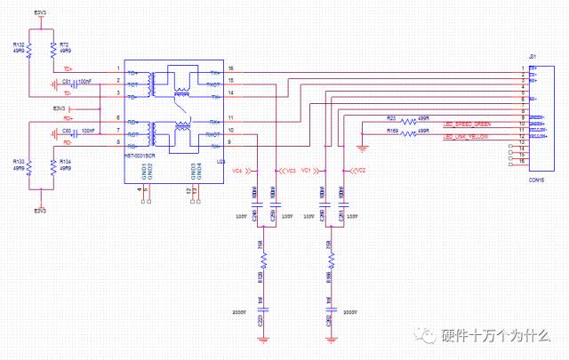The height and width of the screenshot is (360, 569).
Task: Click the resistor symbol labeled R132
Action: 29,52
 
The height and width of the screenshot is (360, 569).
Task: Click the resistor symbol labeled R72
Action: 53,52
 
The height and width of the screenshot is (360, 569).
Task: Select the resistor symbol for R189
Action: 408,133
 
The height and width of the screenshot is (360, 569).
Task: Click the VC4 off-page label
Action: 236,169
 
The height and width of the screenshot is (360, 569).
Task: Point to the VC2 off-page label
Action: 360,169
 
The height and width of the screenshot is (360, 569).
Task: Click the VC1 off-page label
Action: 306,169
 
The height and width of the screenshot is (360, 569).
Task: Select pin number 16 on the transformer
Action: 230,68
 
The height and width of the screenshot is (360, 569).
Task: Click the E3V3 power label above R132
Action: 41,12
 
